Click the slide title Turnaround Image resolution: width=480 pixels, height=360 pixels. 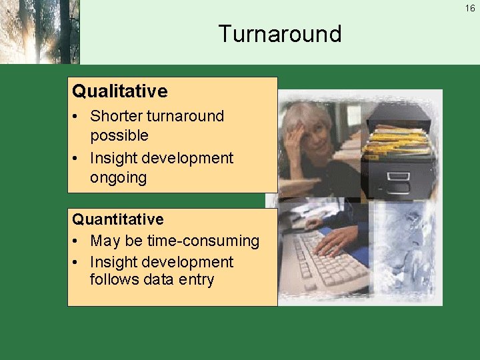click(279, 33)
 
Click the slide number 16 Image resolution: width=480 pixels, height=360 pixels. click(470, 9)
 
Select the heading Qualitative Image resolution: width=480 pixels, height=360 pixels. click(120, 91)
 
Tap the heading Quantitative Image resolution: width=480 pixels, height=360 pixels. click(118, 219)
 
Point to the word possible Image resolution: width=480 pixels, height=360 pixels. click(119, 135)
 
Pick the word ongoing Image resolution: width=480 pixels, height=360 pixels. click(118, 178)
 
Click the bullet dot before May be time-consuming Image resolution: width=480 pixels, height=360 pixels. click(78, 241)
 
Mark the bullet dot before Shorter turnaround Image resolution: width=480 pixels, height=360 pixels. click(78, 117)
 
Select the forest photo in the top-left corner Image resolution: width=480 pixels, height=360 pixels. click(40, 32)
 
